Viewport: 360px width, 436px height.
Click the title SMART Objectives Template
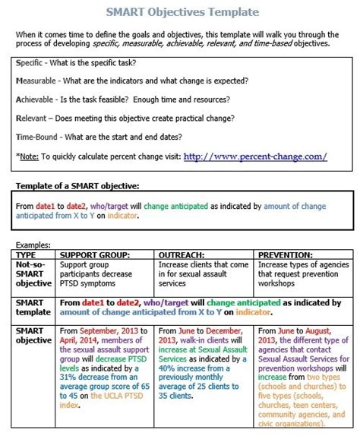click(x=182, y=13)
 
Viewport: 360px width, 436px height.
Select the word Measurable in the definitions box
click(x=38, y=80)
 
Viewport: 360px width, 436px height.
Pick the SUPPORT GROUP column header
click(x=95, y=254)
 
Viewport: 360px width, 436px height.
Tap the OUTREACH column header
click(x=182, y=254)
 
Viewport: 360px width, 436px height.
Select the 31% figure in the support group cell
click(x=70, y=376)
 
